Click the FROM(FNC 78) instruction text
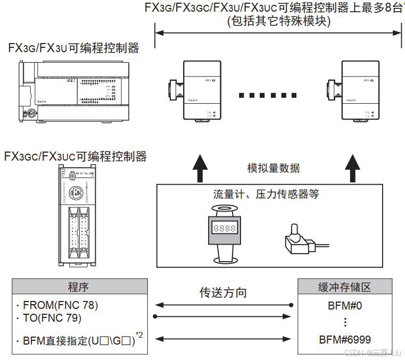click(60, 305)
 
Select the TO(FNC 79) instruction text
click(52, 318)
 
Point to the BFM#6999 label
click(345, 339)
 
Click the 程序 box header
click(78, 287)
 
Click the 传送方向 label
click(223, 292)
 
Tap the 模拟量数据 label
click(274, 168)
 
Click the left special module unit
click(195, 91)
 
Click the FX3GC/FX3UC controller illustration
click(77, 216)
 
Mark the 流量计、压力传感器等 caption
click(266, 194)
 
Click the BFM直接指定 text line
click(79, 339)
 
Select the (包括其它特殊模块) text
click(279, 21)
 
